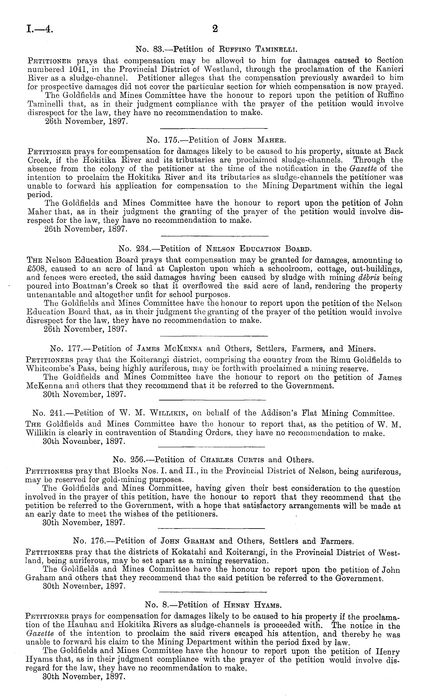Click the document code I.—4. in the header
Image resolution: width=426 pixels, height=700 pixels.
[40, 29]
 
